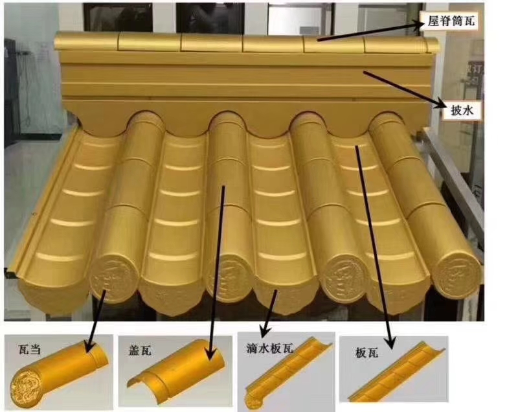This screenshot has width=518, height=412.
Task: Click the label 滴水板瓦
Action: point(270,347)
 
